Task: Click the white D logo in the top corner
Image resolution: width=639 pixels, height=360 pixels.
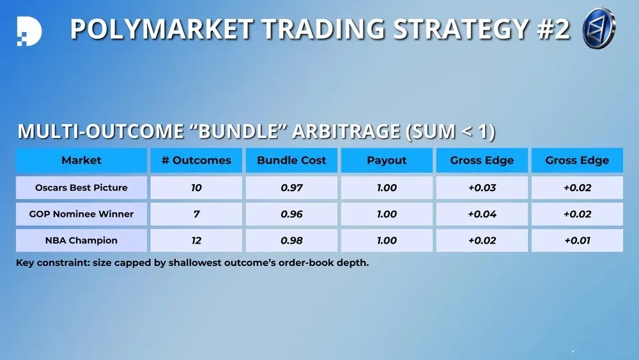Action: click(x=29, y=31)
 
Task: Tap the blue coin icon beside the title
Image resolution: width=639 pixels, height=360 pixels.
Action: click(x=599, y=28)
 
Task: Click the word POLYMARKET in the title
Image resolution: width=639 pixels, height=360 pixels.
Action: click(x=162, y=29)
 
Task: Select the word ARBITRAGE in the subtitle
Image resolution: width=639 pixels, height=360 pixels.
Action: click(x=346, y=131)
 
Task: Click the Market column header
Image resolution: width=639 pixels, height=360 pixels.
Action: click(x=82, y=160)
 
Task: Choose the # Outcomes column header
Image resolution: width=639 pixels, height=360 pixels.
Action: click(x=196, y=160)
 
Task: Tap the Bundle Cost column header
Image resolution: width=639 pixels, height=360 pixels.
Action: click(x=291, y=160)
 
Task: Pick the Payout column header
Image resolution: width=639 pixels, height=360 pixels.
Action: click(x=387, y=160)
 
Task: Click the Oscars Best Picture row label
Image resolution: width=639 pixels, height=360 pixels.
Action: click(x=82, y=187)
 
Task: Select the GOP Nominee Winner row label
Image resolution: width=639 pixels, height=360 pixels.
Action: click(x=82, y=214)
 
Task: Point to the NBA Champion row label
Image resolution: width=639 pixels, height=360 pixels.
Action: click(x=82, y=240)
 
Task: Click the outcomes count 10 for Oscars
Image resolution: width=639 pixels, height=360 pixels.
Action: click(x=196, y=187)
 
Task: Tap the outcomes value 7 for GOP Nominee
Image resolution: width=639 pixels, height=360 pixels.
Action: click(x=196, y=214)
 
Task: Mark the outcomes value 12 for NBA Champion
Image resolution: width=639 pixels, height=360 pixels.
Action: click(x=196, y=240)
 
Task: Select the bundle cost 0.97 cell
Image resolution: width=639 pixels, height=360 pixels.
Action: click(x=291, y=187)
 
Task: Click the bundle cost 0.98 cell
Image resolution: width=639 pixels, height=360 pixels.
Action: click(x=291, y=240)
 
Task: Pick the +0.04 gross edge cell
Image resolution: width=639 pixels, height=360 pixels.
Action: click(x=482, y=214)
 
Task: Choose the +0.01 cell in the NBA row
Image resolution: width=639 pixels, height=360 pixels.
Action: click(x=578, y=240)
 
